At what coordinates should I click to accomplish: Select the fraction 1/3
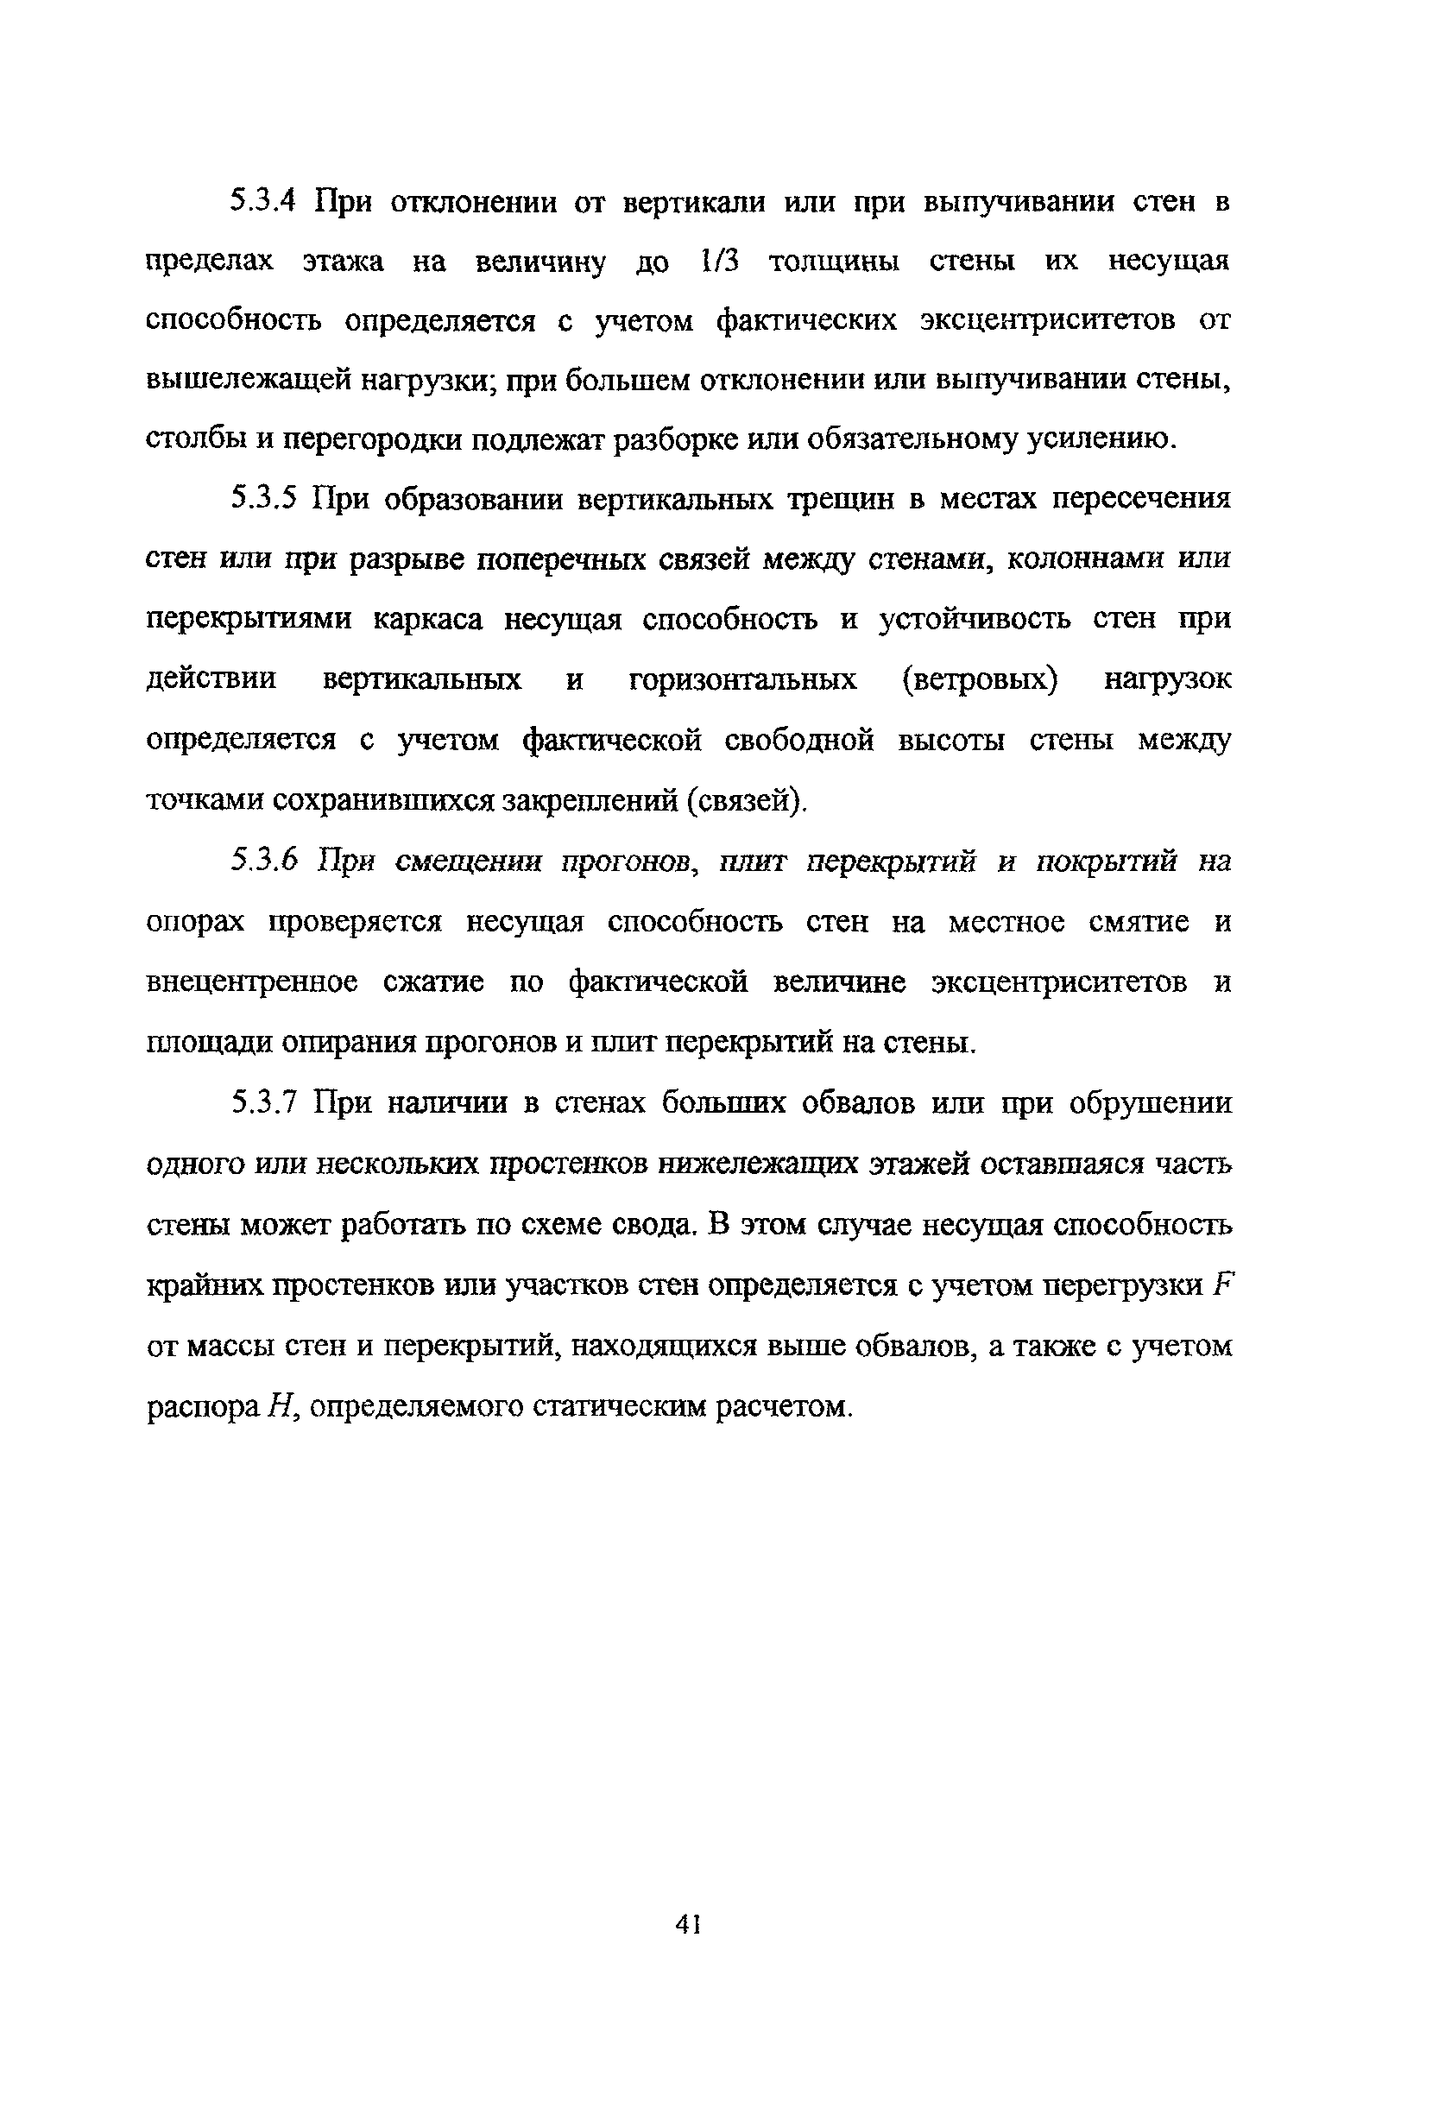719,262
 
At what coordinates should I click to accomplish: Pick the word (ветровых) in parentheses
979,680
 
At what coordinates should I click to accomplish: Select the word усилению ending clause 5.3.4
1100,441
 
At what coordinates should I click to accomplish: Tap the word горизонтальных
743,680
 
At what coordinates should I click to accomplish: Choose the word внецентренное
252,982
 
